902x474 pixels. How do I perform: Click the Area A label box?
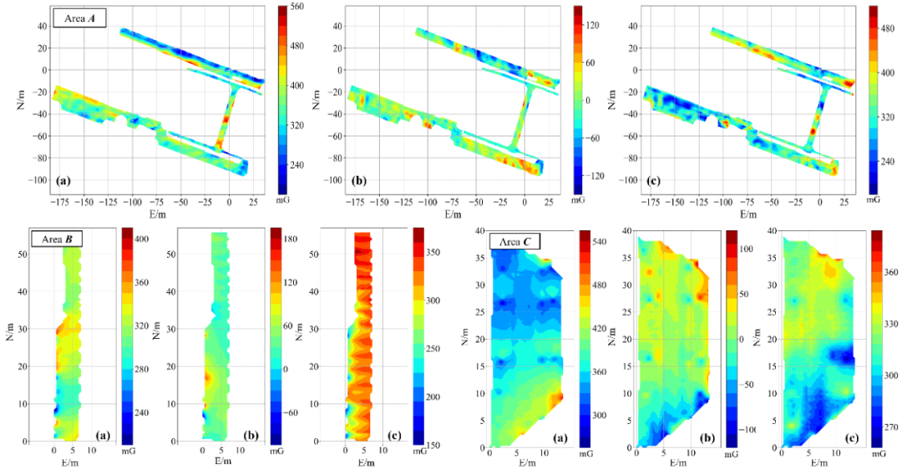click(x=79, y=20)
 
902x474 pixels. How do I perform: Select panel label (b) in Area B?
click(x=251, y=435)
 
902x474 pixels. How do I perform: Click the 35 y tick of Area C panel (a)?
click(x=479, y=257)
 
